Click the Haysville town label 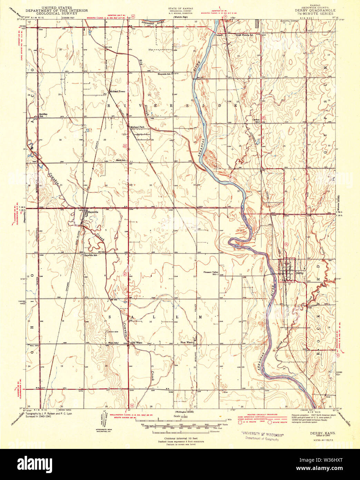click(93, 212)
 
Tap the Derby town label click(300, 273)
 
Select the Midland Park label click(137, 127)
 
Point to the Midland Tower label click(117, 92)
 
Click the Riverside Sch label click(164, 74)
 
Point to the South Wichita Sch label click(245, 35)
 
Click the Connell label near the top click(219, 35)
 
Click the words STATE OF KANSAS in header click(181, 8)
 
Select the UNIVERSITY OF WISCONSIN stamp click(262, 435)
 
